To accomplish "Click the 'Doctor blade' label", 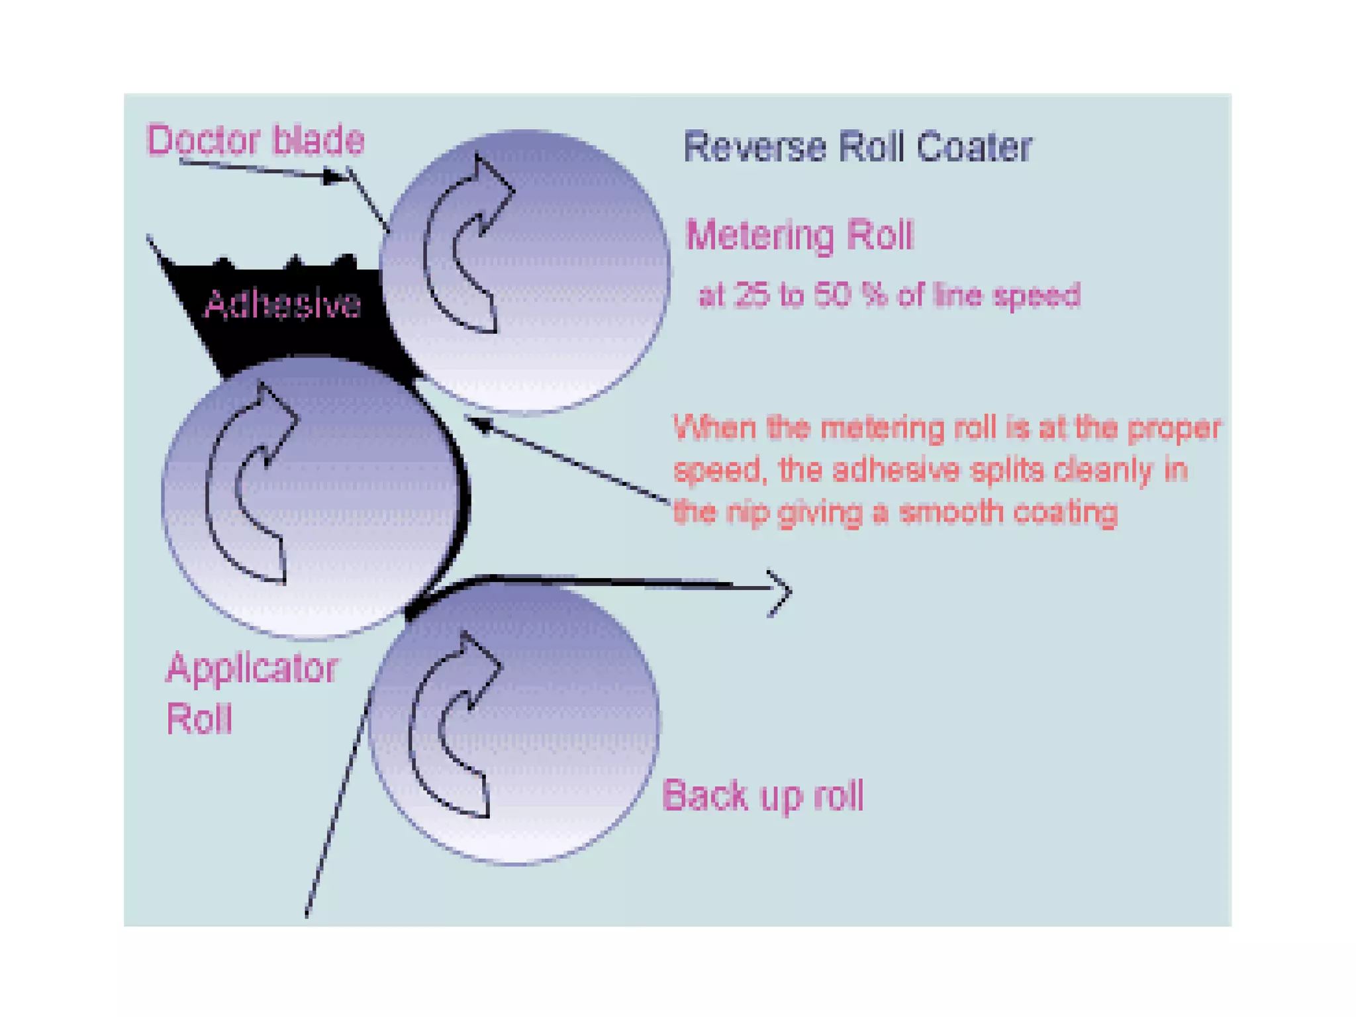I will click(255, 140).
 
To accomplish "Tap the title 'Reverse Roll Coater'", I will click(857, 147).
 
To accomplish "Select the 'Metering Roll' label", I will click(799, 235).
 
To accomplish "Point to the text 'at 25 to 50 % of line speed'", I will click(889, 295).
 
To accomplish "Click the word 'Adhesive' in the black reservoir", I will click(283, 305).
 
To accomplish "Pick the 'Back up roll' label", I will click(763, 795).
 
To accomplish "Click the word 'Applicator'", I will click(252, 669).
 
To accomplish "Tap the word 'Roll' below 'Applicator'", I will click(199, 719).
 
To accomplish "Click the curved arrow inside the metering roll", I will click(467, 245).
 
